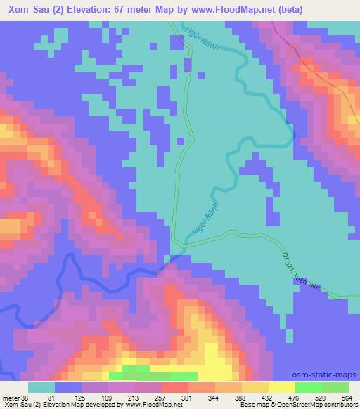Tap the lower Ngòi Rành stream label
(x=196, y=227)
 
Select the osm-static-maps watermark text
(x=330, y=375)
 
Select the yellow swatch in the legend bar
(x=281, y=387)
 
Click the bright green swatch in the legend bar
(x=308, y=387)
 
